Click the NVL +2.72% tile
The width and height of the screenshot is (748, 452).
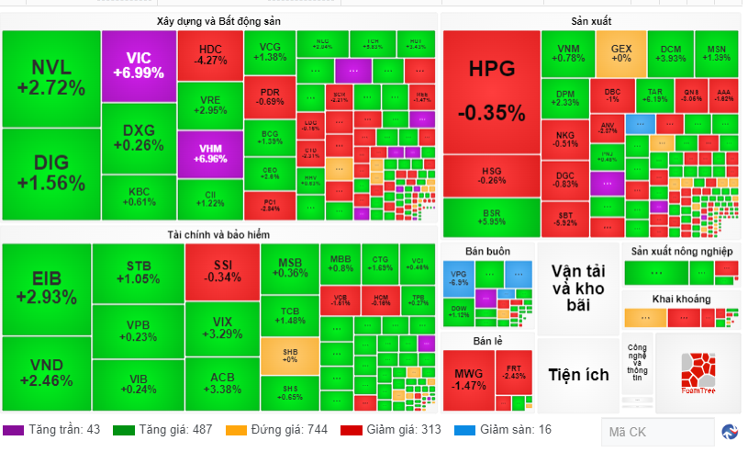pos(50,78)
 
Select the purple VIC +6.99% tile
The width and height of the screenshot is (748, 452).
pos(138,64)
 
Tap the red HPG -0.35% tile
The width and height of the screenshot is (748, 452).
pos(491,90)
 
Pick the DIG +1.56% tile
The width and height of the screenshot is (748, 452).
pos(50,173)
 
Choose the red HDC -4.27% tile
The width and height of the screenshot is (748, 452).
pos(210,54)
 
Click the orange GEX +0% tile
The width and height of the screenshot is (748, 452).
pos(620,52)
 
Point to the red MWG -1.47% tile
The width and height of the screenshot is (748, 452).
pos(468,379)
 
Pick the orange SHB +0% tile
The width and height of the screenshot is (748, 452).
pos(289,358)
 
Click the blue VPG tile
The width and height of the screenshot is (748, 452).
pos(458,277)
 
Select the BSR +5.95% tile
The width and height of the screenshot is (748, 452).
pos(491,217)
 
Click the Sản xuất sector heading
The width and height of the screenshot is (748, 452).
pos(591,20)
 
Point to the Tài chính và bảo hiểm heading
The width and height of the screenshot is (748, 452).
pos(218,234)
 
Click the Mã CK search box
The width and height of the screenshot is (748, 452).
pos(657,432)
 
